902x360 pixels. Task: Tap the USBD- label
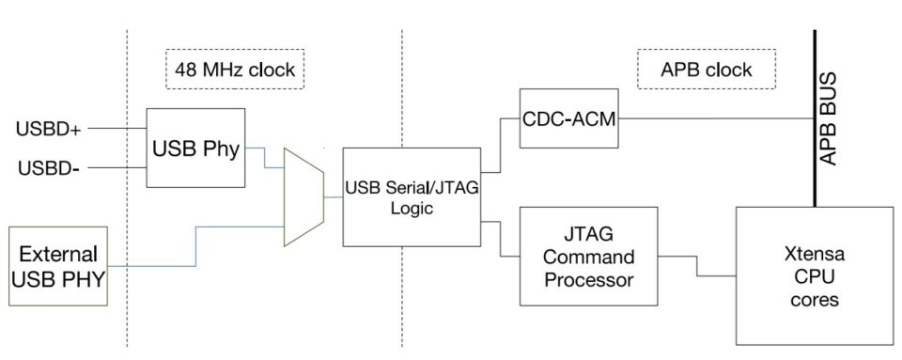click(x=48, y=168)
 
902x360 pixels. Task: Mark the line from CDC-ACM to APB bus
click(x=714, y=118)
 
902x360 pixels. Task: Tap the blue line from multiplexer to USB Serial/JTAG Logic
click(x=333, y=197)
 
